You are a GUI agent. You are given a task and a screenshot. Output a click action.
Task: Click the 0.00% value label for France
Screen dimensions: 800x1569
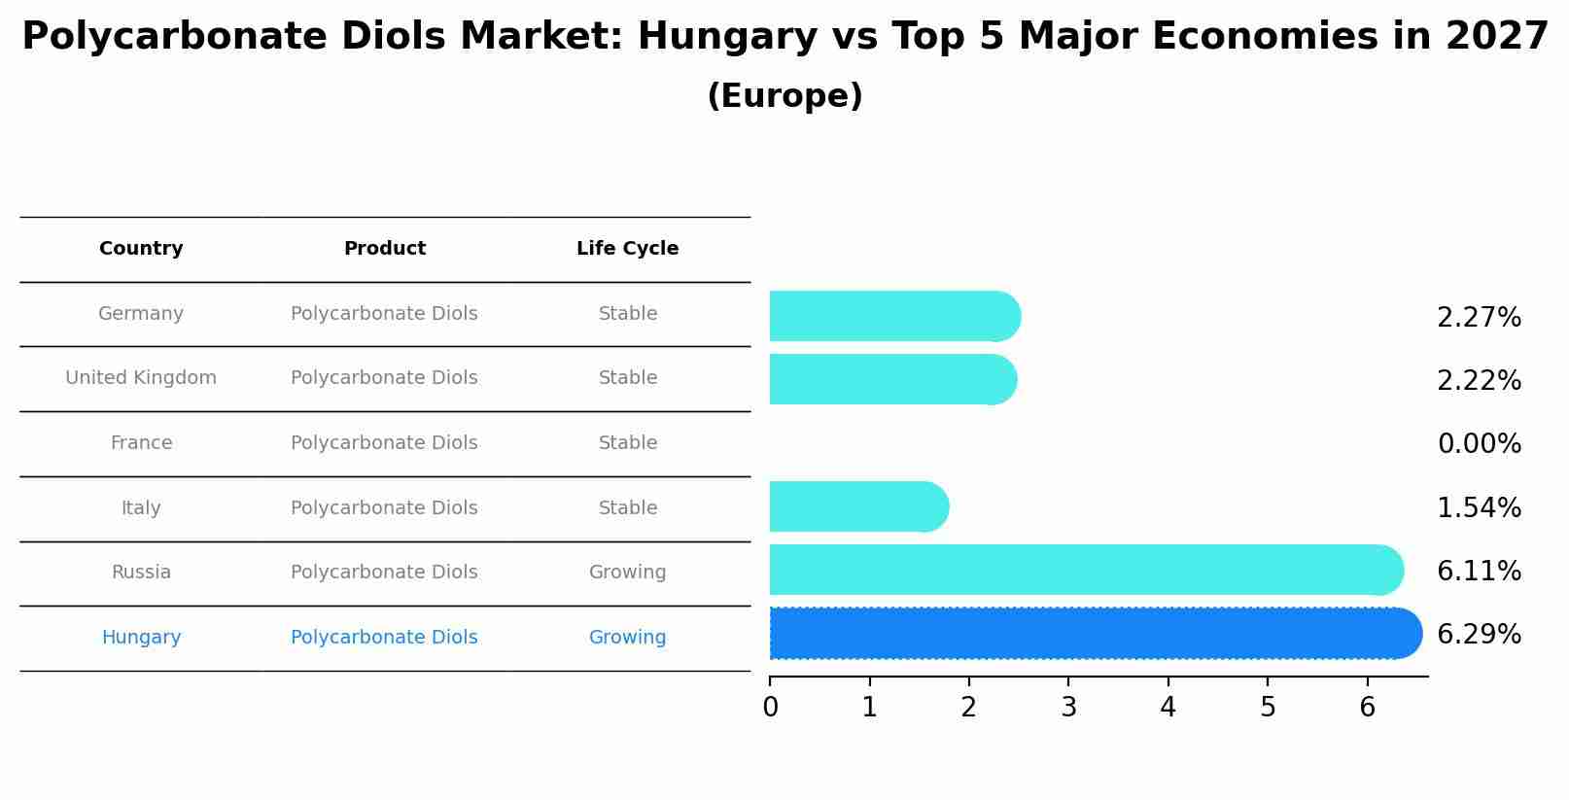(x=1479, y=444)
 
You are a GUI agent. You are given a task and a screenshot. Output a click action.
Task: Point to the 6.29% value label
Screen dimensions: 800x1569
(x=1479, y=635)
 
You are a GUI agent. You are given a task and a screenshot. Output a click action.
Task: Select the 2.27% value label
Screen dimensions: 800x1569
(x=1479, y=318)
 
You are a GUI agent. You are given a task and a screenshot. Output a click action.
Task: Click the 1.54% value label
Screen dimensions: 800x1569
(x=1479, y=508)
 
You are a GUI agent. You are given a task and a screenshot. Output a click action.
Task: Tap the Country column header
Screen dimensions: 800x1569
(x=141, y=249)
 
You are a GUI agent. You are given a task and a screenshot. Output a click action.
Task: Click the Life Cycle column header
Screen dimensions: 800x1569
(x=627, y=249)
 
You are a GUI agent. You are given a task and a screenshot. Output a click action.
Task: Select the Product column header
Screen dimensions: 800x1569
(x=385, y=249)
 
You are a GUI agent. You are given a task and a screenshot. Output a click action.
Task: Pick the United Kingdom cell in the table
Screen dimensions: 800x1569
(x=141, y=378)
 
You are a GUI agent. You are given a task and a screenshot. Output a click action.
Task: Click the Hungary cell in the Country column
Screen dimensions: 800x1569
(x=141, y=638)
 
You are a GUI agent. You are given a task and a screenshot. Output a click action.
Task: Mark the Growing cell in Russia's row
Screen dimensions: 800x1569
(x=627, y=573)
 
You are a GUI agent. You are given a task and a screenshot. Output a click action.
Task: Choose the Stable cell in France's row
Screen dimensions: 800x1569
(x=627, y=443)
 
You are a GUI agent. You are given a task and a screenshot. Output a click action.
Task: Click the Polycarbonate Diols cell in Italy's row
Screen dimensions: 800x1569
(x=384, y=508)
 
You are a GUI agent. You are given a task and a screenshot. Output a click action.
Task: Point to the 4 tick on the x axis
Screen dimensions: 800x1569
(x=1168, y=708)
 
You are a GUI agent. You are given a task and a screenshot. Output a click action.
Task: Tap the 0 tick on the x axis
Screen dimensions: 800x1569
(x=770, y=708)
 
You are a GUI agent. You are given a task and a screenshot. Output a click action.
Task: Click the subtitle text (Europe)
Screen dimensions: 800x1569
(x=784, y=96)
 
